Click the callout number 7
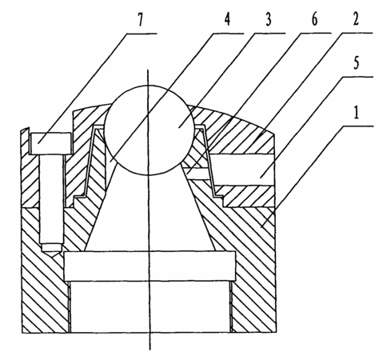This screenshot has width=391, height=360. [x=141, y=19]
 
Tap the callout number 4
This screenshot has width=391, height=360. [x=227, y=19]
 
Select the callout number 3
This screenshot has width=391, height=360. [x=269, y=19]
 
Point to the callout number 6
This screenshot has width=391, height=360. [x=314, y=19]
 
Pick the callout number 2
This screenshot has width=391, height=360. [x=356, y=18]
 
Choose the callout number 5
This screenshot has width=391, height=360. [x=356, y=63]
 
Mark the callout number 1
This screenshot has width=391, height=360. [x=356, y=112]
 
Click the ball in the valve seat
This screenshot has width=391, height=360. [x=149, y=130]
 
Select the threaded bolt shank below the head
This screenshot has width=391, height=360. [x=51, y=198]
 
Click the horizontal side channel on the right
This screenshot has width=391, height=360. [x=242, y=170]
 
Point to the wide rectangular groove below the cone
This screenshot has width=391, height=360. [x=150, y=266]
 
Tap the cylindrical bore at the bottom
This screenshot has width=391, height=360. [x=150, y=306]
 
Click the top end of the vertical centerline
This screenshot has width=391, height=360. [x=147, y=70]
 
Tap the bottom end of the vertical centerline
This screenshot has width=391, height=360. [x=150, y=350]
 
